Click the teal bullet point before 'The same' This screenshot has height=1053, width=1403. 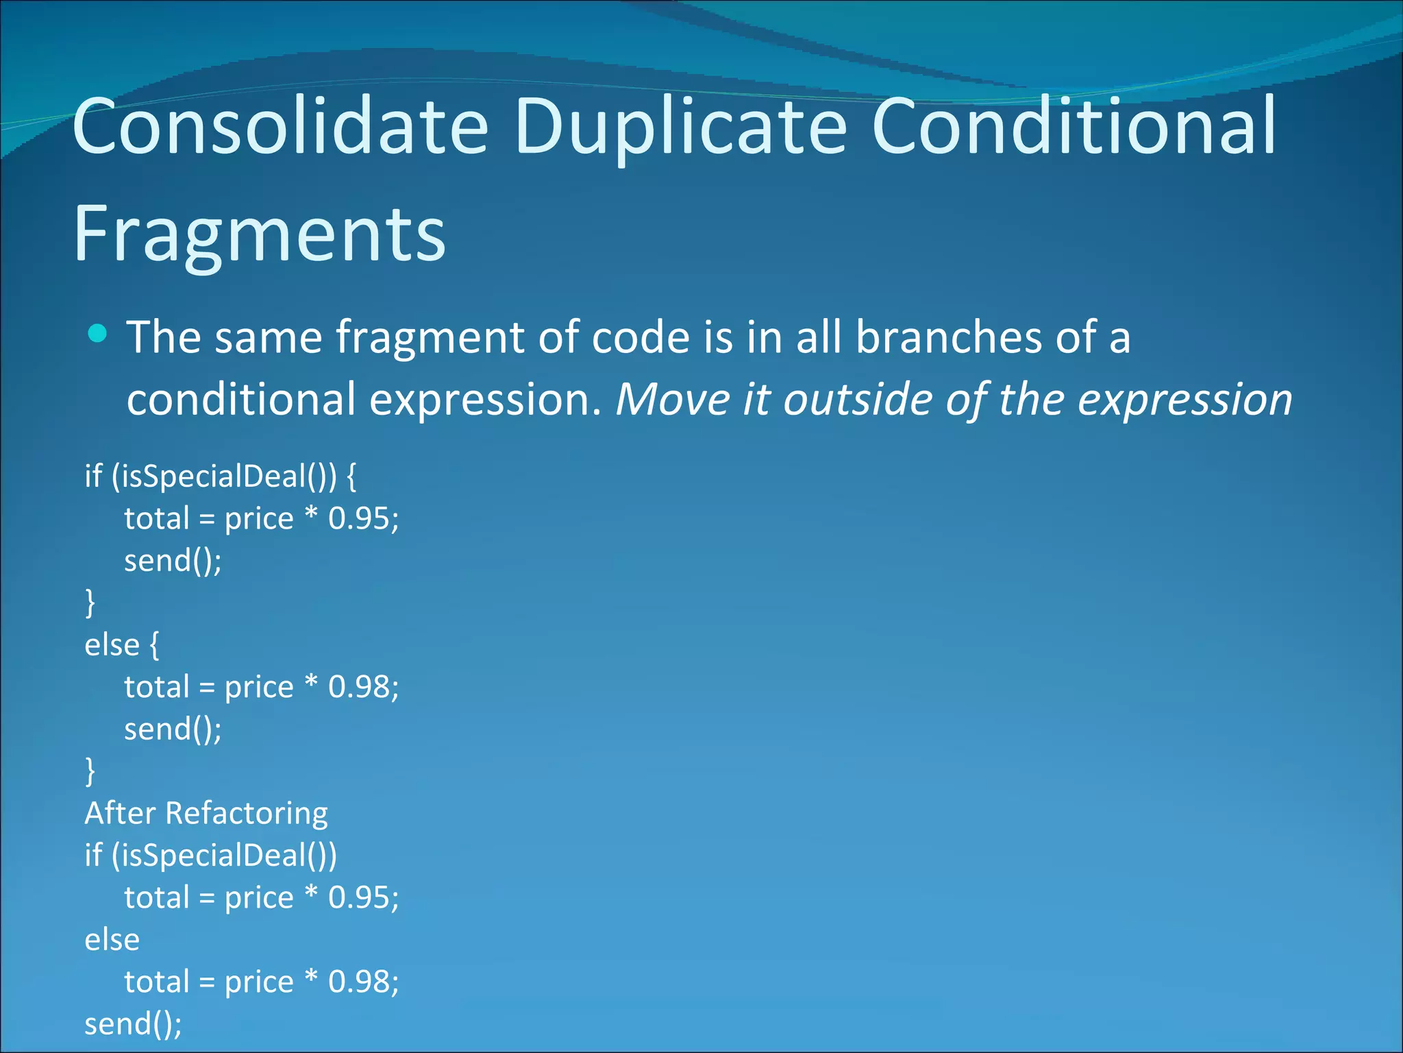(98, 334)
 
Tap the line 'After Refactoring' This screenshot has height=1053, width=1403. (206, 814)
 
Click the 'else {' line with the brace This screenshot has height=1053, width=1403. (122, 645)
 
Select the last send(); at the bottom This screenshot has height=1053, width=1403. (134, 1024)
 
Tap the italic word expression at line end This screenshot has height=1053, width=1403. (1184, 400)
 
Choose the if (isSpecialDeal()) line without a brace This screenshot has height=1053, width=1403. (211, 856)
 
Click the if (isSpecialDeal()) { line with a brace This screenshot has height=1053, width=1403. (220, 476)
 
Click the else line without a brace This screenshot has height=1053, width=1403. (112, 940)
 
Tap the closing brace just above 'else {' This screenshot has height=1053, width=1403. (90, 603)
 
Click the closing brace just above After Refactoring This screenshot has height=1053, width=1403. (90, 771)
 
